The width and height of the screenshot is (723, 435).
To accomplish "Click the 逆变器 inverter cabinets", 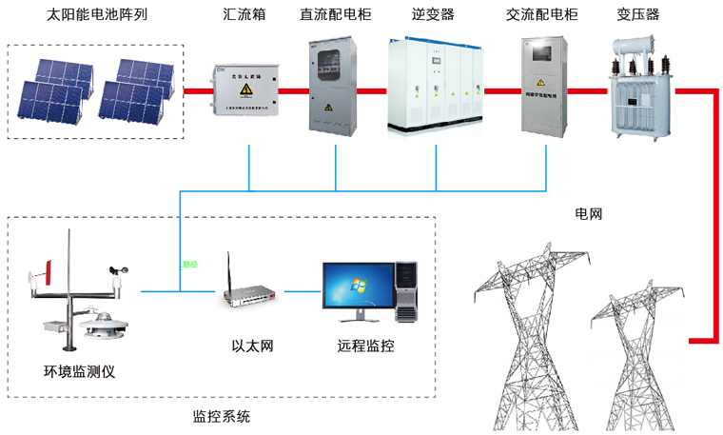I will click(x=436, y=88).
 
